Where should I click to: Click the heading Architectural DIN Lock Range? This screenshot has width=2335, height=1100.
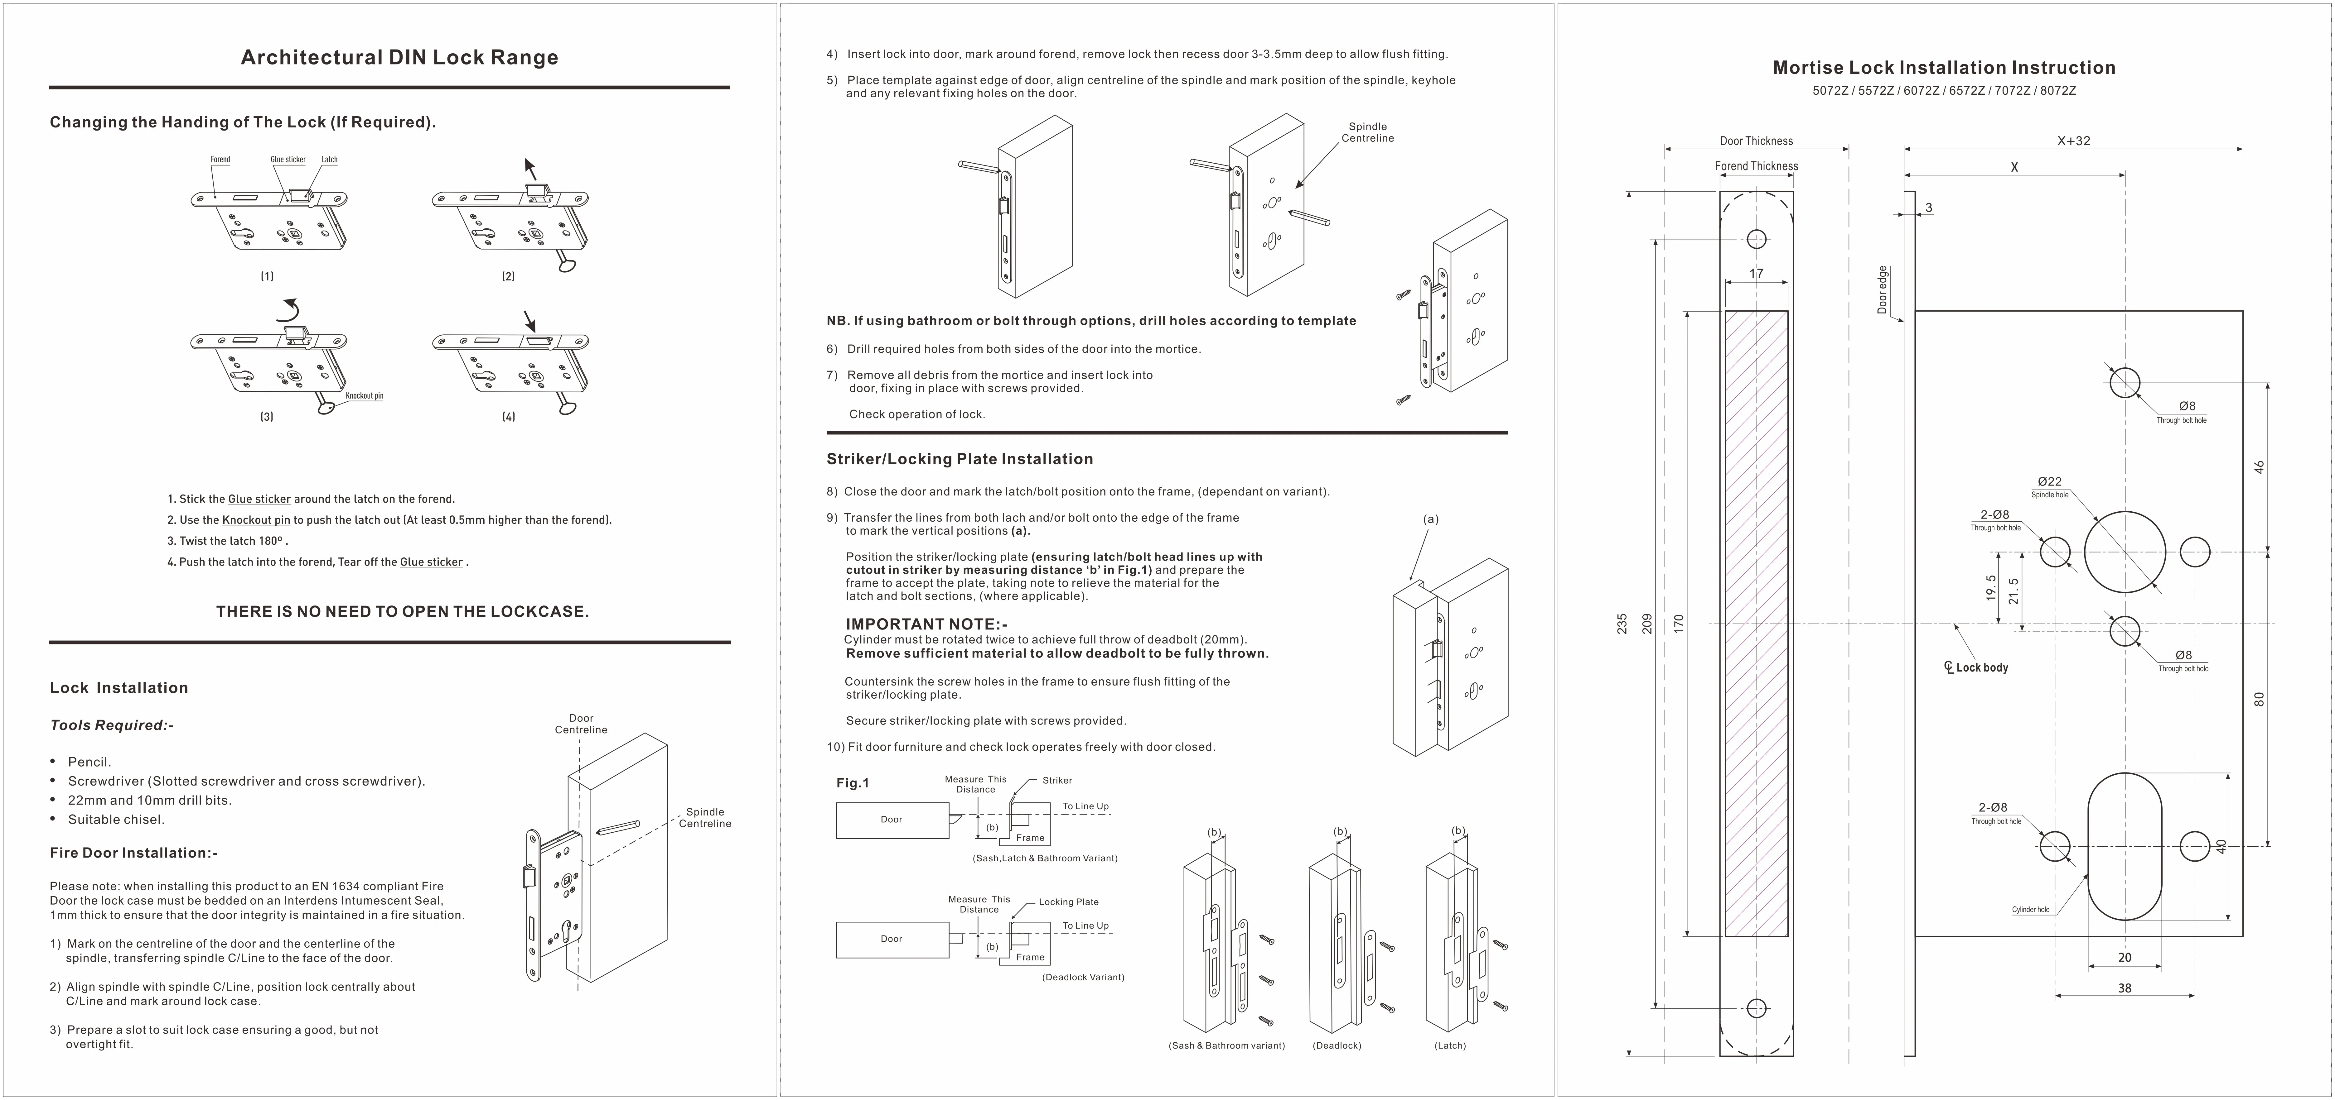click(399, 58)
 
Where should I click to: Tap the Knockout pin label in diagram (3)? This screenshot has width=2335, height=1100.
click(365, 396)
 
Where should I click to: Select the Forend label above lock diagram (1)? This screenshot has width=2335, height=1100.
click(220, 160)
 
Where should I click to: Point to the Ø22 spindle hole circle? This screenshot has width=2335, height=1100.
click(2125, 552)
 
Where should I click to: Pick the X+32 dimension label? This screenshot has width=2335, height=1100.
click(2073, 141)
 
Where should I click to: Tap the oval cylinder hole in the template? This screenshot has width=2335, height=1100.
click(2125, 846)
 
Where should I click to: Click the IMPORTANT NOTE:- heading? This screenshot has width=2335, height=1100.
click(926, 624)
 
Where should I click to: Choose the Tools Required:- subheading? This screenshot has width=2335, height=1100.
click(112, 725)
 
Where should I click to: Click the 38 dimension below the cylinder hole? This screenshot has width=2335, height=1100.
click(2125, 988)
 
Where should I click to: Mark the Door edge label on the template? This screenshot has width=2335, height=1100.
click(1882, 290)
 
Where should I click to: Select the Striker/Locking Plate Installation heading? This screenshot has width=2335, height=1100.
click(959, 459)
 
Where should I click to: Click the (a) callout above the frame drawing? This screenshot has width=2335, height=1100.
click(1430, 519)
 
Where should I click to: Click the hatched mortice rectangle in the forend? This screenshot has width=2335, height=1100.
click(1756, 624)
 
